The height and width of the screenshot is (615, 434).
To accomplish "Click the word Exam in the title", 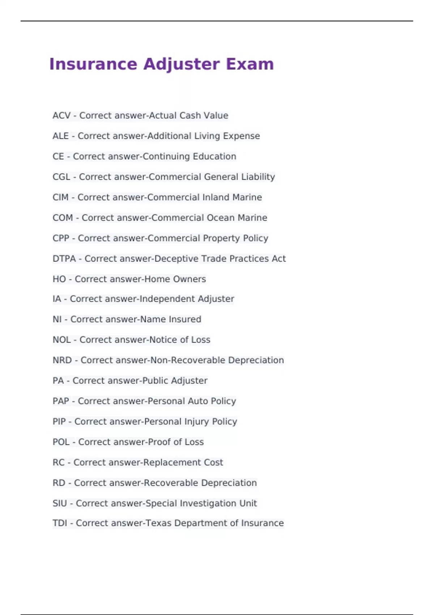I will click(x=250, y=64).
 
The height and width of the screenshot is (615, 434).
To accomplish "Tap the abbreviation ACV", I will click(x=61, y=116).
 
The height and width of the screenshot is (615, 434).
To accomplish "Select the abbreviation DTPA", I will click(x=64, y=259).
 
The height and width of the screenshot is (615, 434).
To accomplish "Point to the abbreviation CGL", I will click(x=61, y=177).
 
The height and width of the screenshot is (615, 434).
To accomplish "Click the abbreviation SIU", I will click(x=60, y=503).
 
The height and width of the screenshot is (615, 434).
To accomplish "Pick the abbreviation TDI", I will click(x=60, y=523).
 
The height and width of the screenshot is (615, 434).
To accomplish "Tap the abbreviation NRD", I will click(x=62, y=360).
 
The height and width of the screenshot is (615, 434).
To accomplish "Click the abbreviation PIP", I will click(x=59, y=421).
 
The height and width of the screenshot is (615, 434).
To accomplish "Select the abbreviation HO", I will click(x=59, y=279).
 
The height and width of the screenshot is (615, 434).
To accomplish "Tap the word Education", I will click(x=214, y=157).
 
